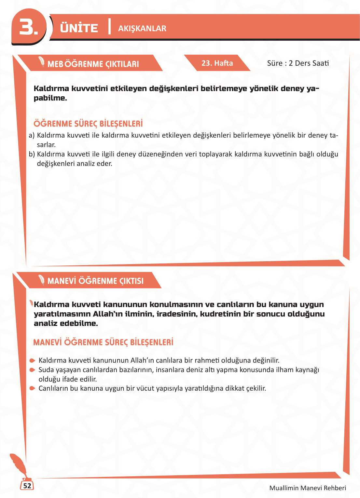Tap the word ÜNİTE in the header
pyautogui.click(x=79, y=28)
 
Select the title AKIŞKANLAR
pyautogui.click(x=142, y=29)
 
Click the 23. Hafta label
pyautogui.click(x=217, y=63)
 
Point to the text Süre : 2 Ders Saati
pyautogui.click(x=298, y=63)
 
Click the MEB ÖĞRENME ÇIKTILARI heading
pyautogui.click(x=93, y=64)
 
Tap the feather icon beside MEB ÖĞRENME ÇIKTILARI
pyautogui.click(x=42, y=61)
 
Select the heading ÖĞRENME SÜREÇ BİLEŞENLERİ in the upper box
pyautogui.click(x=88, y=124)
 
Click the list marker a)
pyautogui.click(x=32, y=135)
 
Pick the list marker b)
pyautogui.click(x=32, y=154)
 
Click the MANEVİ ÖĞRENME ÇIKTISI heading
pyautogui.click(x=95, y=281)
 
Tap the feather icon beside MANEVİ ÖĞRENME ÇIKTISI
pyautogui.click(x=42, y=279)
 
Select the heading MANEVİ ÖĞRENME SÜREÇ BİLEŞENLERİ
pyautogui.click(x=103, y=343)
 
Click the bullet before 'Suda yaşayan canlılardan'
pyautogui.click(x=32, y=370)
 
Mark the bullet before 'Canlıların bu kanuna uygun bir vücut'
pyautogui.click(x=32, y=388)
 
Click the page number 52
pyautogui.click(x=27, y=486)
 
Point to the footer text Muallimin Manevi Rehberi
pyautogui.click(x=308, y=488)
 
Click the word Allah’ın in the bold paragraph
pyautogui.click(x=106, y=314)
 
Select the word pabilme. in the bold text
pyautogui.click(x=50, y=98)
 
